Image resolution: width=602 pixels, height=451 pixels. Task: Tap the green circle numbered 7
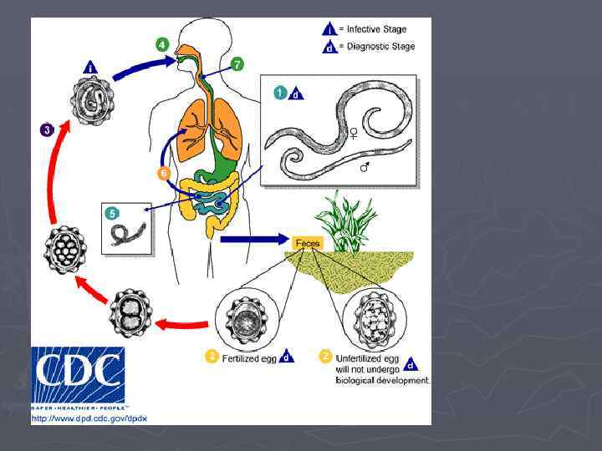tap(238, 64)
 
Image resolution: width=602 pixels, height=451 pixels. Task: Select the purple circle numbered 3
tap(48, 129)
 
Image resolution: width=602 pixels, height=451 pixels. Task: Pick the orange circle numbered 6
tap(165, 173)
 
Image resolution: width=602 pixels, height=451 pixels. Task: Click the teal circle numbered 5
tap(112, 213)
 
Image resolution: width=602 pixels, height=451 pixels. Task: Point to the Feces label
tap(308, 243)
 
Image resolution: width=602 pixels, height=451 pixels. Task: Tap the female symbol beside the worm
tap(354, 132)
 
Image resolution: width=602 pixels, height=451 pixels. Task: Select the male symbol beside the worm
tap(365, 168)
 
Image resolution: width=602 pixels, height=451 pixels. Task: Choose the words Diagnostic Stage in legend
tap(380, 47)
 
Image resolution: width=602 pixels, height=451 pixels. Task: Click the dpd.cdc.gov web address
tap(89, 418)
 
